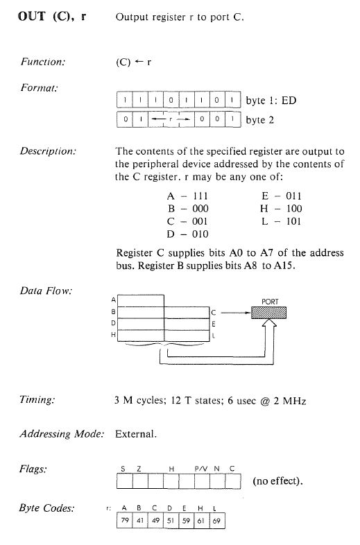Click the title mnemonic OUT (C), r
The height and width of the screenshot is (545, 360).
point(52,17)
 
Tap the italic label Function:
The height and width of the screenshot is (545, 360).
point(43,62)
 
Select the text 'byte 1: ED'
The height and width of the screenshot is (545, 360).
point(271,101)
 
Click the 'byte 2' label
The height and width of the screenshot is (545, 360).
point(260,120)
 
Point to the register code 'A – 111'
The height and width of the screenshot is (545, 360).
point(187,196)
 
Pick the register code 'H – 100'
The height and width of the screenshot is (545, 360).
point(281,209)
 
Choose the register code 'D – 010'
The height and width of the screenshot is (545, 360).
point(187,234)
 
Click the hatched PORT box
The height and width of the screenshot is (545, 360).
point(269,313)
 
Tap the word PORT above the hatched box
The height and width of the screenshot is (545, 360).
point(270,302)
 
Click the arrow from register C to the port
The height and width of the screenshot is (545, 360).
point(236,313)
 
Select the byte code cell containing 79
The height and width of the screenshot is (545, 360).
point(125,520)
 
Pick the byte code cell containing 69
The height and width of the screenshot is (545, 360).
point(217,520)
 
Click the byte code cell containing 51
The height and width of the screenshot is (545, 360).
point(171,520)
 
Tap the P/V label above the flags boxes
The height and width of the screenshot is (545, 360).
point(200,469)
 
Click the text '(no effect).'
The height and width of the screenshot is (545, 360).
point(277,481)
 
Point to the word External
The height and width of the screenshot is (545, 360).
point(136,434)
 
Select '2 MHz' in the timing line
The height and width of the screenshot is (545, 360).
point(290,401)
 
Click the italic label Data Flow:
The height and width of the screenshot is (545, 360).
point(46,291)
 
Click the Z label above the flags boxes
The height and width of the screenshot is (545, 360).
point(139,469)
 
